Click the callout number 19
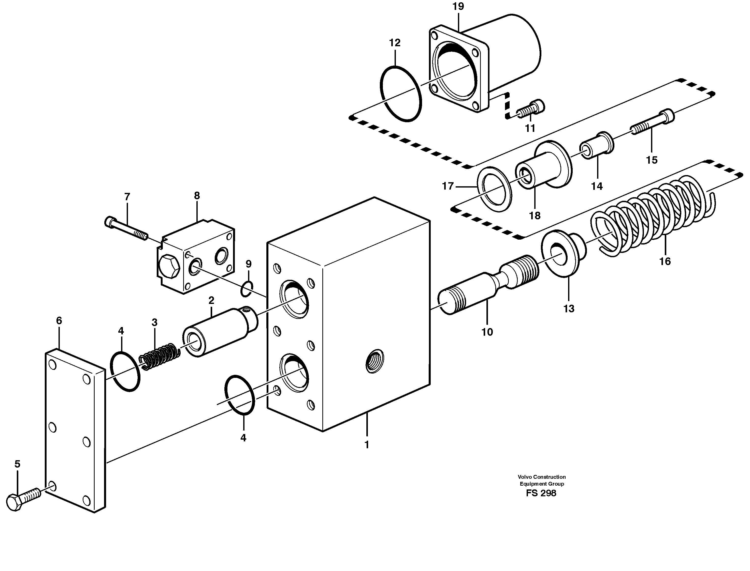pos(458,6)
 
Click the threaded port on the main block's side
pos(375,361)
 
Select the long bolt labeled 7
pos(126,228)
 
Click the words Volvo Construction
pos(541,477)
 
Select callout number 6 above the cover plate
pos(59,320)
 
